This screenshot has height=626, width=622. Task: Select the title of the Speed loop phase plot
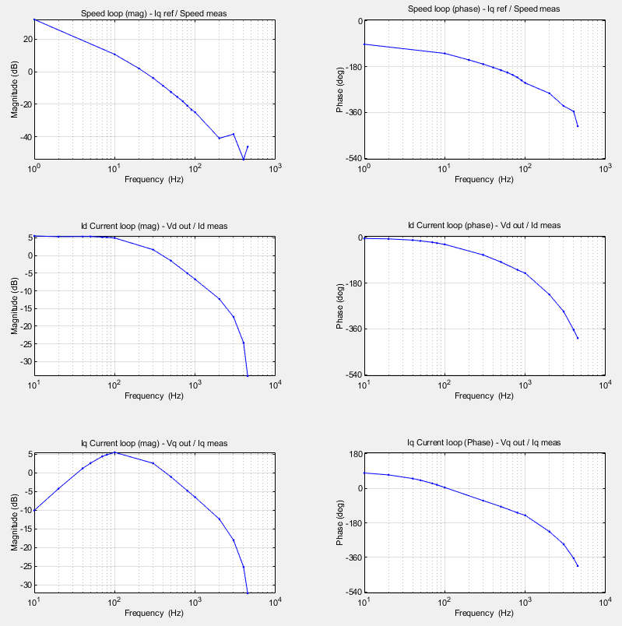tap(483, 9)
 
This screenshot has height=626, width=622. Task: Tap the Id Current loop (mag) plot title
tap(154, 226)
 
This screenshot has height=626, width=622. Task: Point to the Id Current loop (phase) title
tap(483, 226)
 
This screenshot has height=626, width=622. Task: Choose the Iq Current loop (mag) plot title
tap(154, 443)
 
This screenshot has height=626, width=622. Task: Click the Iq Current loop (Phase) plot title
tap(483, 443)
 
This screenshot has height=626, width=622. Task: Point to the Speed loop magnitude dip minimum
tap(244, 160)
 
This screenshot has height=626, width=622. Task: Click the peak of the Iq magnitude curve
tap(115, 452)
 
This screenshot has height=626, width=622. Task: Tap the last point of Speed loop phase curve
tap(578, 125)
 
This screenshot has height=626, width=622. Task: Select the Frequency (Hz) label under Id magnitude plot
tap(154, 396)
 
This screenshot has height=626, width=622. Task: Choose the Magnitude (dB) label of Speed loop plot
tap(15, 89)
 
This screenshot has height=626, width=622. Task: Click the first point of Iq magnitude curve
tap(35, 510)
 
